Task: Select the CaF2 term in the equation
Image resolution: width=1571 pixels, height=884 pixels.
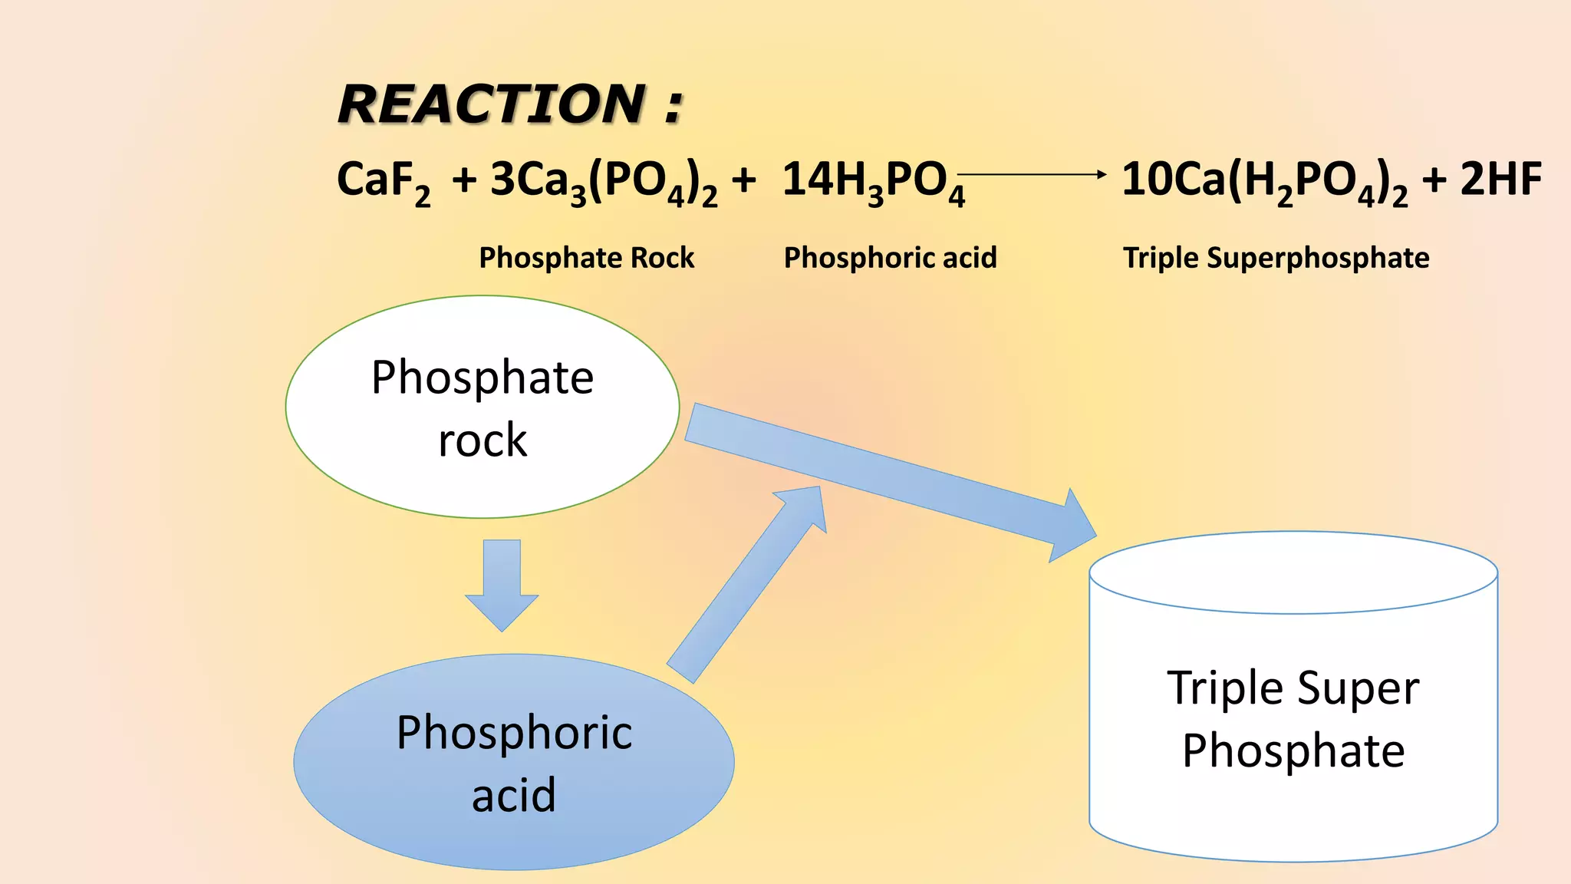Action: [x=383, y=181]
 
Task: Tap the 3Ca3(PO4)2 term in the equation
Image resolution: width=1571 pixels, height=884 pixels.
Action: [x=604, y=181]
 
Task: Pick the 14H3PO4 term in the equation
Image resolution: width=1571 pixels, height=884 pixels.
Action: [x=872, y=181]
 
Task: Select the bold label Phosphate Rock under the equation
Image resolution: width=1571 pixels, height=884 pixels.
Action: [x=586, y=258]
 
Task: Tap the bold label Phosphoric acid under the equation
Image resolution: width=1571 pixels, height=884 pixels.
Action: [x=890, y=258]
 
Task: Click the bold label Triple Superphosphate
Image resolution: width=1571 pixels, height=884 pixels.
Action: [x=1276, y=258]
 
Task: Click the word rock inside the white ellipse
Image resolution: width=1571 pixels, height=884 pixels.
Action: [x=482, y=440]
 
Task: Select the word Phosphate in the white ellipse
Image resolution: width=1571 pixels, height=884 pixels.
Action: [x=482, y=378]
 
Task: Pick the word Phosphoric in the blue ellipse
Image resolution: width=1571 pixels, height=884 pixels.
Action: [x=514, y=732]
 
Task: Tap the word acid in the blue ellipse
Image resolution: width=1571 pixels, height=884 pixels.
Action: [x=513, y=795]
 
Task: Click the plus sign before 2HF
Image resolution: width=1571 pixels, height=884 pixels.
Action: [x=1434, y=181]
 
